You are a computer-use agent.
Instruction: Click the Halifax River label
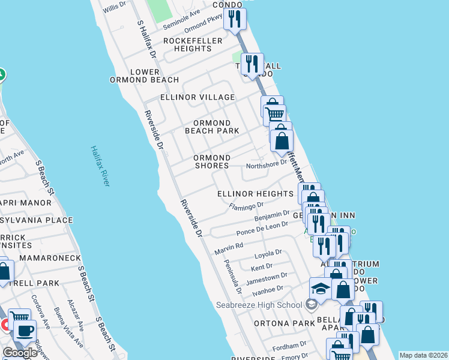[100, 166]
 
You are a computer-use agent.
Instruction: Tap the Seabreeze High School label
[259, 305]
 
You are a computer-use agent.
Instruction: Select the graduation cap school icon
[321, 290]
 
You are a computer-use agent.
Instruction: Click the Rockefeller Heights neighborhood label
[193, 44]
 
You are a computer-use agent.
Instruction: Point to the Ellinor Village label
[197, 97]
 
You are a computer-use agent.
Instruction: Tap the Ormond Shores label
[211, 161]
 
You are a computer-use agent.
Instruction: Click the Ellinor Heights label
[255, 194]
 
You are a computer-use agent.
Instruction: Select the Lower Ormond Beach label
[145, 76]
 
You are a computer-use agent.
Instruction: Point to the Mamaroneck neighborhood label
[50, 257]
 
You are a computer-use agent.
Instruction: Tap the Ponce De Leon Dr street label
[263, 229]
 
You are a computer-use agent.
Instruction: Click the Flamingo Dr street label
[247, 206]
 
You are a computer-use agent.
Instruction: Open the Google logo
[20, 352]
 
